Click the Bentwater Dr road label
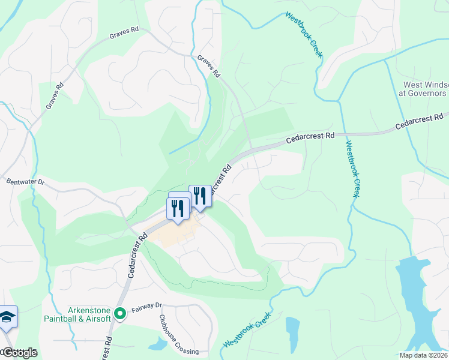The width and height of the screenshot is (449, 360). (x=25, y=181)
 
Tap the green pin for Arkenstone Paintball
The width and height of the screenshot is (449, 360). (x=119, y=313)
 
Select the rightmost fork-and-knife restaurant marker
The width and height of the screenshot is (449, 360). (x=200, y=195)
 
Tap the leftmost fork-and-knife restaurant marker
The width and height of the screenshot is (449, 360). (x=178, y=208)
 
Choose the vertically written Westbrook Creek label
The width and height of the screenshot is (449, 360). (x=352, y=169)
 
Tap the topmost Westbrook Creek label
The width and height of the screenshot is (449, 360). (x=304, y=34)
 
